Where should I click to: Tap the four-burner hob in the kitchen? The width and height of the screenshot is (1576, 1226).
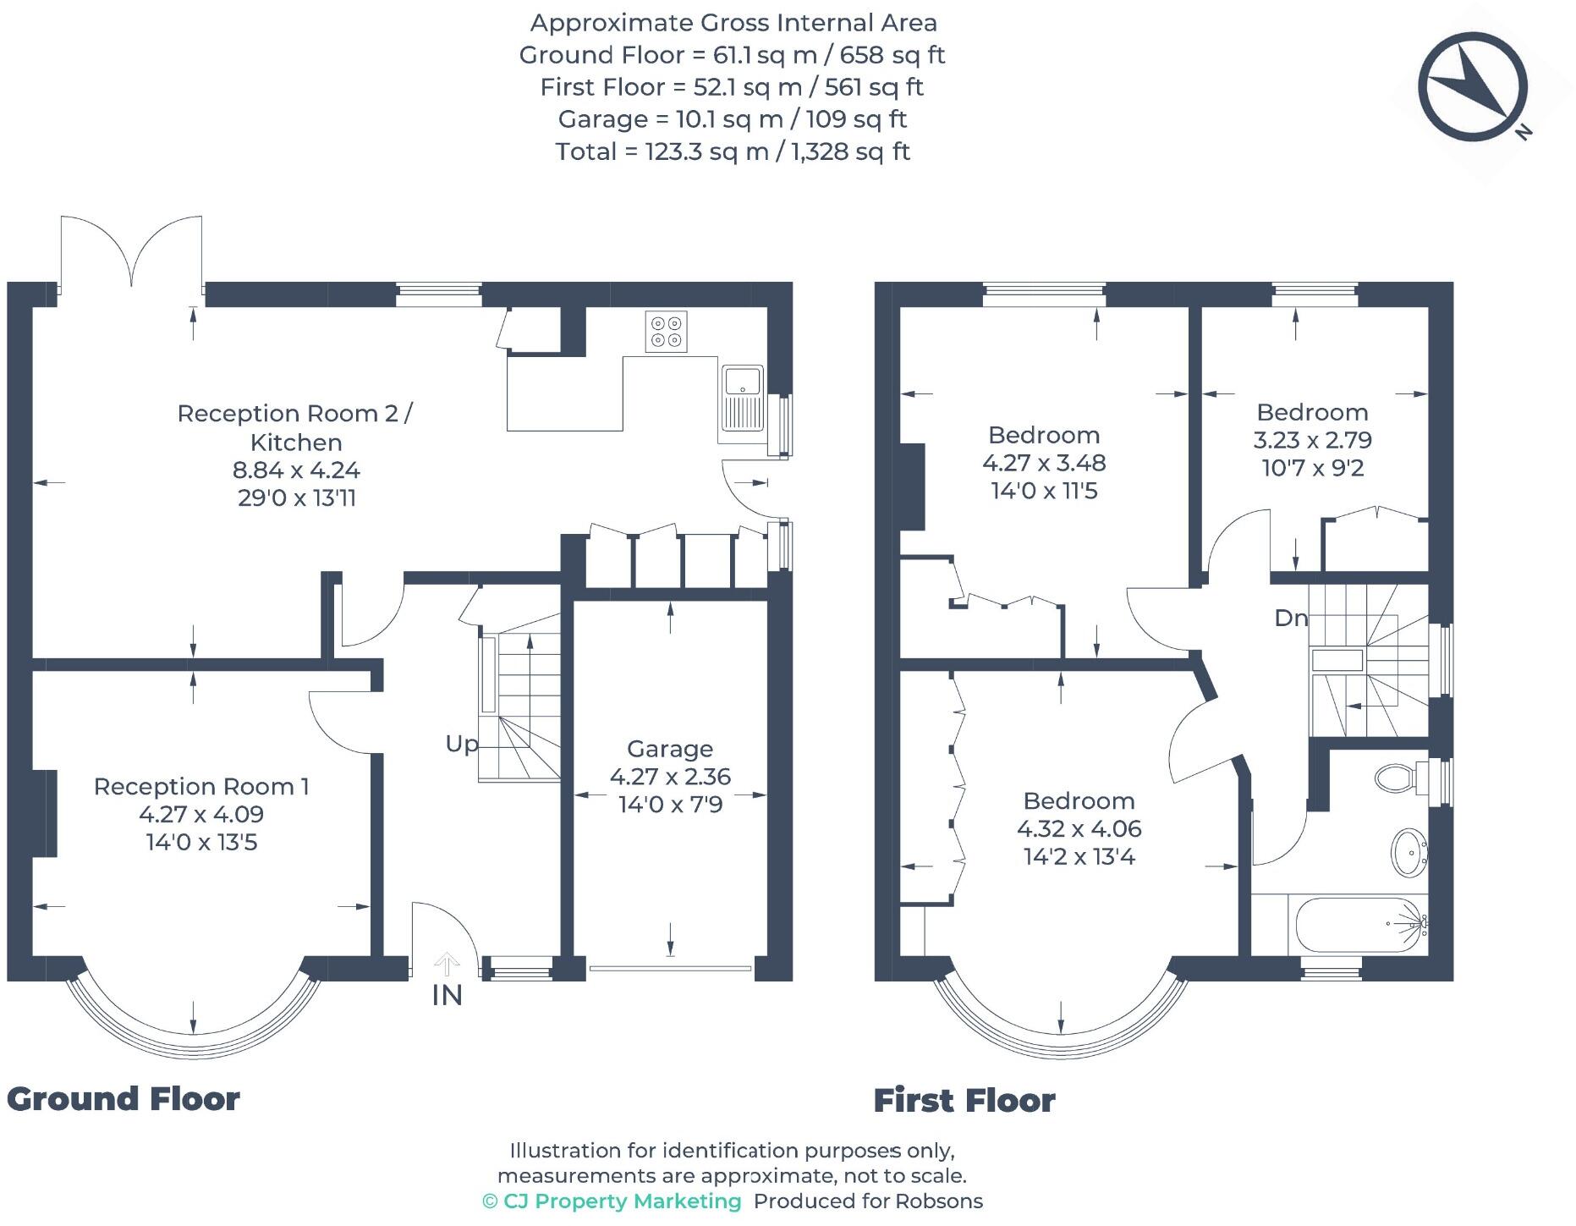pos(666,331)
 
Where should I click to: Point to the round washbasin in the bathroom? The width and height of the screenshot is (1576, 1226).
pos(1409,853)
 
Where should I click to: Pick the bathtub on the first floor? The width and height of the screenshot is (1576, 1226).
pos(1358,925)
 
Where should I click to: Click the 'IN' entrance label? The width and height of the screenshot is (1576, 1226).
pos(448,996)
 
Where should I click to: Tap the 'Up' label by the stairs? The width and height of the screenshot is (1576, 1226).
pos(462,744)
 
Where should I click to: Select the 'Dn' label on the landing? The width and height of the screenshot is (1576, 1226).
pos(1291,618)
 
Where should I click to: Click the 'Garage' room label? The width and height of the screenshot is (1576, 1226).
pos(670,749)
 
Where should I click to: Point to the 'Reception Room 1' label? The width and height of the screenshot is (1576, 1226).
pos(201,786)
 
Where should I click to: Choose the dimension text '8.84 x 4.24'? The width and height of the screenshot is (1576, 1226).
pos(296,470)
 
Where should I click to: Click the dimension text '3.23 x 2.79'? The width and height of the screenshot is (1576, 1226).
pos(1313,440)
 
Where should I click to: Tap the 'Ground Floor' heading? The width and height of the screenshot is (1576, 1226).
pos(124,1099)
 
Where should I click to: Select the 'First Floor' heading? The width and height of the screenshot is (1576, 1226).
pos(964,1101)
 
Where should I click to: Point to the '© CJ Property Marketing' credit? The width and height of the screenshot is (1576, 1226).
pos(612,1201)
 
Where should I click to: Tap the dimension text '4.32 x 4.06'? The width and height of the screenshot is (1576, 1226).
pos(1079,828)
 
